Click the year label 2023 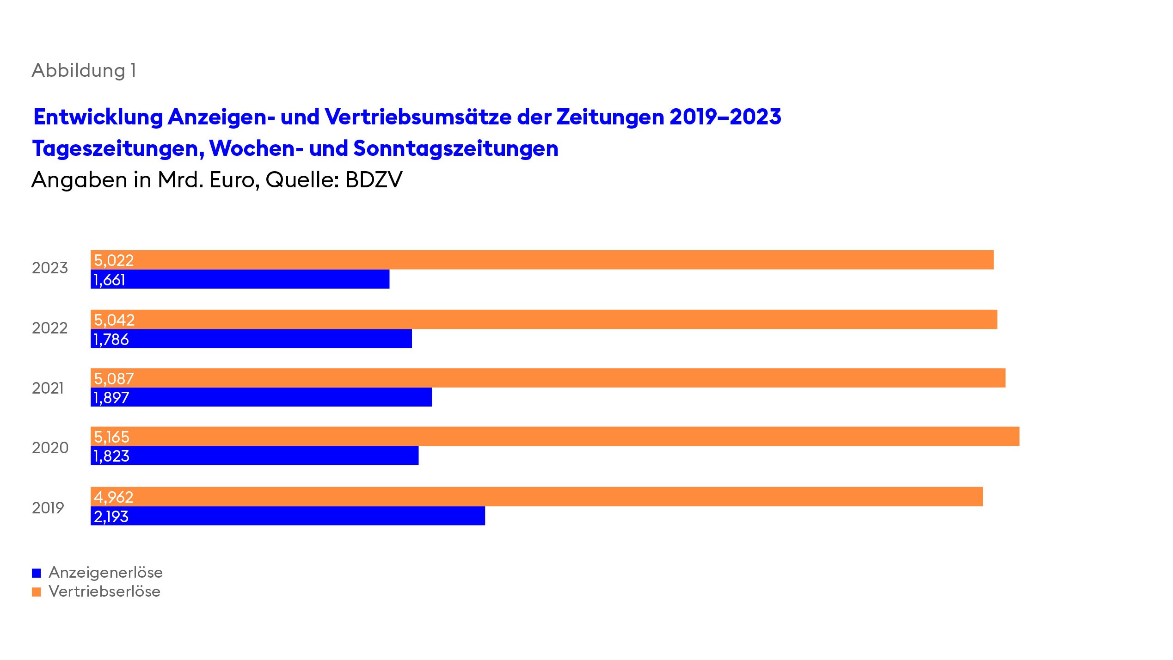(50, 268)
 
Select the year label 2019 (48, 508)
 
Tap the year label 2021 (48, 388)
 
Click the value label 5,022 (114, 260)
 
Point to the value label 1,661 (109, 280)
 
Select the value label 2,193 (111, 517)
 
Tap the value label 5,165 (111, 437)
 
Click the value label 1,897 (111, 398)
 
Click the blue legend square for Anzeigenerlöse (37, 573)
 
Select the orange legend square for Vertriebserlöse (37, 592)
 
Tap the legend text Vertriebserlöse (104, 592)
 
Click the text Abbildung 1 (84, 71)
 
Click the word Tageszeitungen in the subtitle (118, 148)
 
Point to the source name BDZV (374, 180)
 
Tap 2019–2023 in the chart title (725, 117)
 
